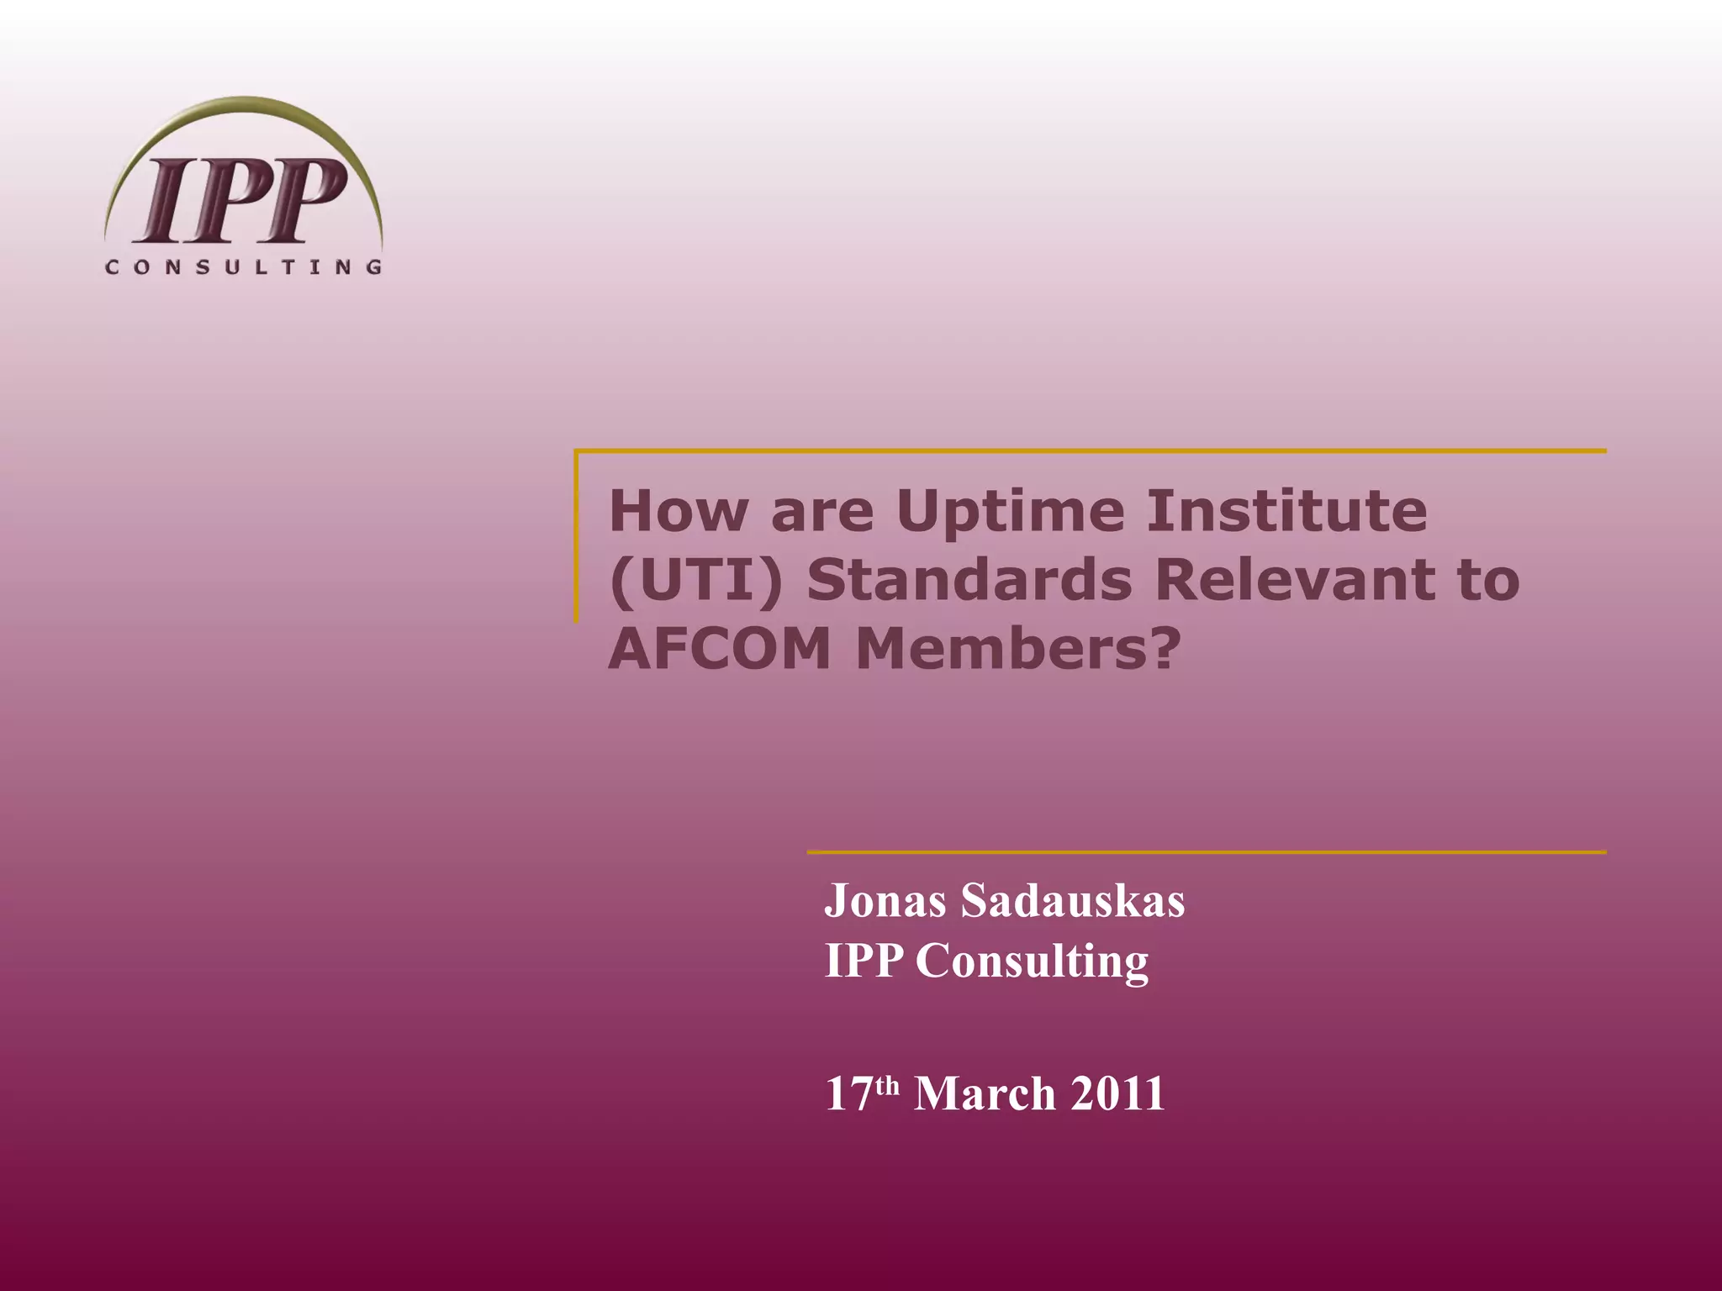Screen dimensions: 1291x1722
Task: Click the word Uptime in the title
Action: (x=1010, y=512)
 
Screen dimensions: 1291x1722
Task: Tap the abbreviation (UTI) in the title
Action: (x=695, y=581)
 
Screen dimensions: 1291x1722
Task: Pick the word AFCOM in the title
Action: (x=720, y=650)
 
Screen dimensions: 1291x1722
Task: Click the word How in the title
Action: (x=678, y=511)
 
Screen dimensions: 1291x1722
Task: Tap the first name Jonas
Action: (x=885, y=902)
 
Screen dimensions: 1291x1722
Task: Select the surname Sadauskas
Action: (x=1073, y=901)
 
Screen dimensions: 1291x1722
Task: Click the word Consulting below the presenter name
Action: (x=1032, y=962)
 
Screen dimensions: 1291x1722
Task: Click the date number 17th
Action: (x=862, y=1093)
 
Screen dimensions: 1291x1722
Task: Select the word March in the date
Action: (x=985, y=1093)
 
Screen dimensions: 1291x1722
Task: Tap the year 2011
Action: (x=1117, y=1093)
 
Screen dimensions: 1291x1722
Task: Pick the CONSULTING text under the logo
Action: (x=244, y=267)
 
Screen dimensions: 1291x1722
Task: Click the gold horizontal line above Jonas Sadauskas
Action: (x=1207, y=852)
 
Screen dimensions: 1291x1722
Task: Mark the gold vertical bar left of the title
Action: (x=577, y=538)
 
